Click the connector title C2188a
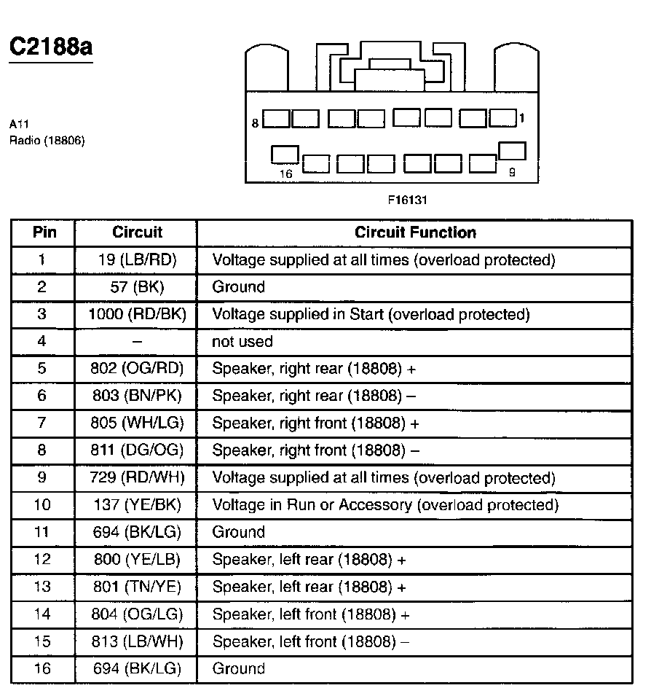[x=50, y=47]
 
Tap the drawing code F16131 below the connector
[x=406, y=198]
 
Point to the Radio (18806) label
[x=47, y=141]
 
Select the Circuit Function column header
[x=415, y=233]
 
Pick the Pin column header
[x=42, y=233]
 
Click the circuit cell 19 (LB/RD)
[x=137, y=260]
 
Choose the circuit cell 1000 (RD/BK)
[x=137, y=315]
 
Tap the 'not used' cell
[x=242, y=342]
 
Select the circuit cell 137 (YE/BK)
[x=137, y=505]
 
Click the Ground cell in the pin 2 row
[x=238, y=287]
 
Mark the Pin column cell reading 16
[x=42, y=668]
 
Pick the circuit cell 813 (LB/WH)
[x=137, y=641]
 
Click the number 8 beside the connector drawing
[x=255, y=123]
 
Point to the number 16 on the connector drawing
[x=286, y=174]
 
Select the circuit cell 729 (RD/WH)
[x=137, y=478]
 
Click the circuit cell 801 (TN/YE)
[x=137, y=587]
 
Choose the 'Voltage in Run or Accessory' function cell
[x=384, y=505]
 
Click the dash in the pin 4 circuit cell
[x=137, y=342]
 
